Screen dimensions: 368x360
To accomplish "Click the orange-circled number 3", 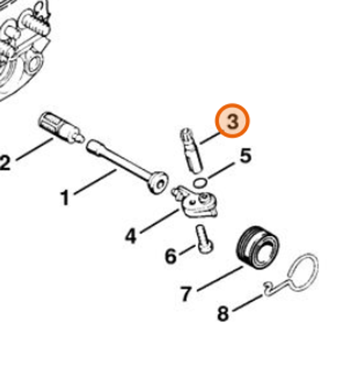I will [x=232, y=121].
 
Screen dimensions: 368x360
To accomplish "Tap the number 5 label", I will [x=245, y=156].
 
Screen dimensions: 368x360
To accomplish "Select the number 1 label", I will [x=65, y=198].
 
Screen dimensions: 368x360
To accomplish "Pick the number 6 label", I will [x=171, y=256].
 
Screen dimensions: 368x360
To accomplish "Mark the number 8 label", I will [x=223, y=314].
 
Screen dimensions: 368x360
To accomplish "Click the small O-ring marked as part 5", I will [x=199, y=183].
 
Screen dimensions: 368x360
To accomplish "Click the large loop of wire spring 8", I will [x=304, y=272].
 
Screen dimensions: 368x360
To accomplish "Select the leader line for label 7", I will [x=220, y=278].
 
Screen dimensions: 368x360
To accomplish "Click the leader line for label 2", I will [x=34, y=149].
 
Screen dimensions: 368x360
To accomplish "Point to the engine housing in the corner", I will [x=22, y=43].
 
